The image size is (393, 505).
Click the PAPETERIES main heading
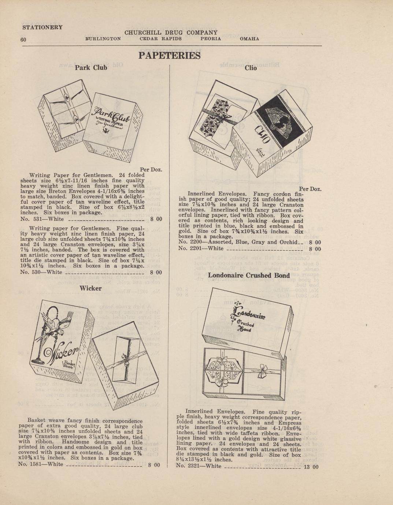(x=170, y=56)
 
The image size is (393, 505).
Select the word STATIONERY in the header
(x=42, y=27)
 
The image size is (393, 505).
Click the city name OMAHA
(x=249, y=39)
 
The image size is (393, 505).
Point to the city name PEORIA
(x=211, y=39)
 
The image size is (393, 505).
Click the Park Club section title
(x=91, y=67)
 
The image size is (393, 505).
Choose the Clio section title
(x=251, y=68)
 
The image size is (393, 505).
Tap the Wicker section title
(x=90, y=288)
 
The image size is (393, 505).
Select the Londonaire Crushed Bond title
(x=249, y=275)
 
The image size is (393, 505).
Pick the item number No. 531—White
(x=42, y=220)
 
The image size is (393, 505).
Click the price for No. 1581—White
(x=154, y=465)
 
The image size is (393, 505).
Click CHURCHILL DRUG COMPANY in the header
(x=171, y=33)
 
